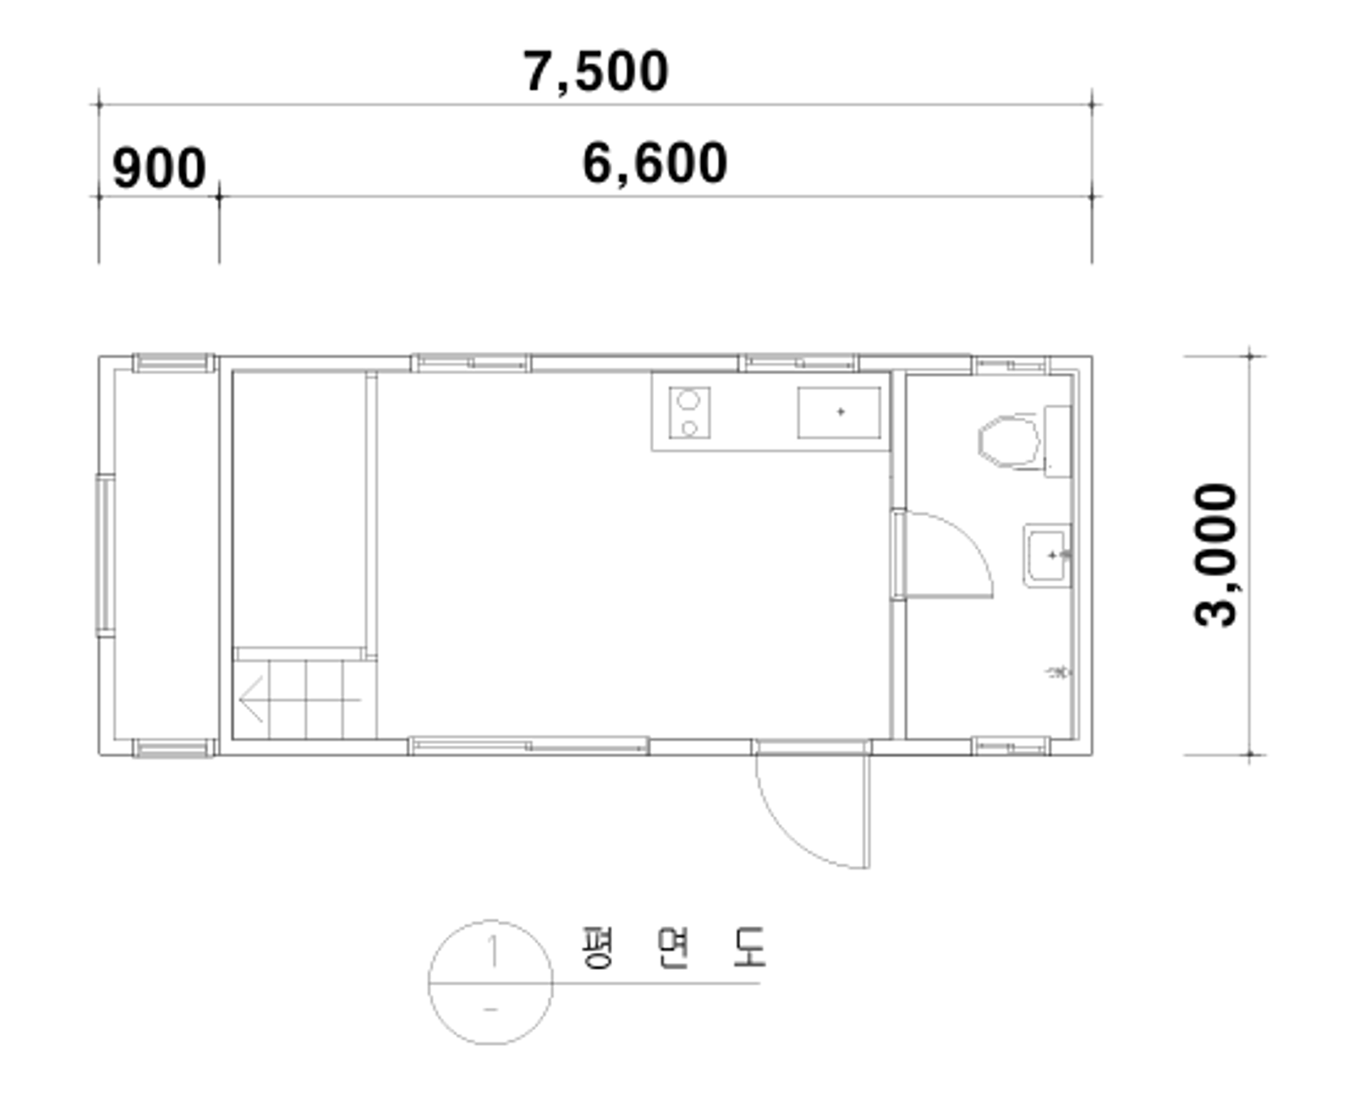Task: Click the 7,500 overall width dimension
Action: (596, 71)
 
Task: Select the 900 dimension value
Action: (159, 169)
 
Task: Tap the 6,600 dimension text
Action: (655, 163)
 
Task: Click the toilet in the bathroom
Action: (1010, 441)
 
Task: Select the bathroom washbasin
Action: (1047, 555)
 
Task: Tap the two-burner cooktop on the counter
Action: (689, 412)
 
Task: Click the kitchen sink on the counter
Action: (839, 412)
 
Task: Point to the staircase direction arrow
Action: (299, 699)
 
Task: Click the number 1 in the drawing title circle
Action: (492, 951)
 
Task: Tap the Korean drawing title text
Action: (673, 947)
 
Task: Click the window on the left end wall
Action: (105, 555)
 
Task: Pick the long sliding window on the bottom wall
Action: (529, 746)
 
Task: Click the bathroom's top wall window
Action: (1010, 365)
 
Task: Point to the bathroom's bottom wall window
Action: (1010, 746)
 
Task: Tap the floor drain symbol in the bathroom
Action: (1059, 671)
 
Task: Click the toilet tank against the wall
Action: (1057, 441)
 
